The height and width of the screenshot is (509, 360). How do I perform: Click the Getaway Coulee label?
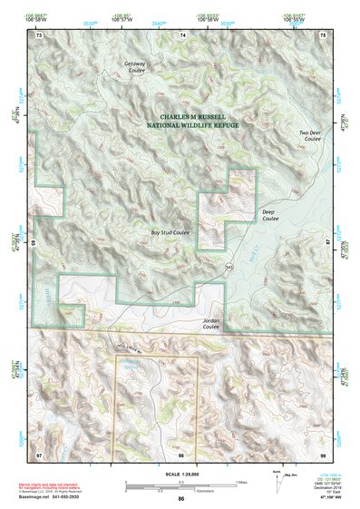point(135,68)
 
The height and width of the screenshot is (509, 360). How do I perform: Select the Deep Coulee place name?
point(270,216)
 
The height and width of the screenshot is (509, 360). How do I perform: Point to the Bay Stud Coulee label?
point(170,232)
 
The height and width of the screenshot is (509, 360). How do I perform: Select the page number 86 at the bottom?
point(181,499)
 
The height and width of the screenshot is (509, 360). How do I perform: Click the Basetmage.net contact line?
point(55,496)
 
